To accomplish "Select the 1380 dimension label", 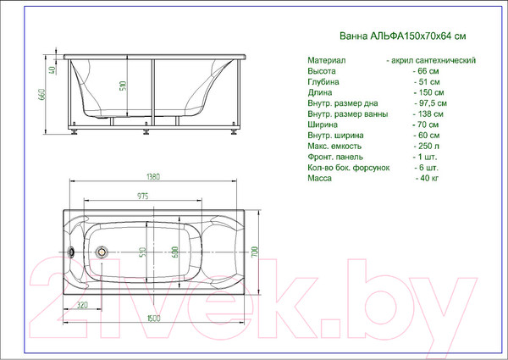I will (152, 177).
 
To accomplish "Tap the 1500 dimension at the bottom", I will (152, 318).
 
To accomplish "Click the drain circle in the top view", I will (103, 252).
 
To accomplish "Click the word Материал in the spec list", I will (326, 61).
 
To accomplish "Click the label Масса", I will (320, 179).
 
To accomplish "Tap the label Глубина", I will (324, 82).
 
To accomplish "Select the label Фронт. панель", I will (335, 157).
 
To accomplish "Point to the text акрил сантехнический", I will (433, 61).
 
